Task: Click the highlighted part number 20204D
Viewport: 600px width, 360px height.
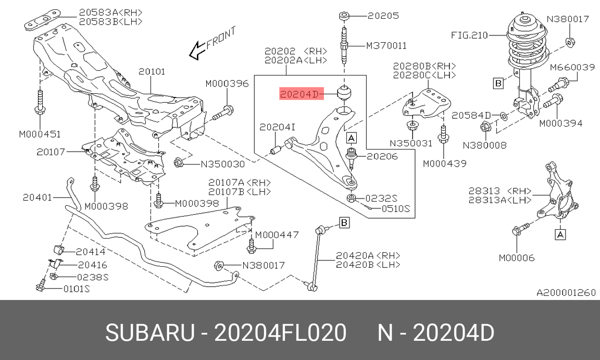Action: [x=299, y=94]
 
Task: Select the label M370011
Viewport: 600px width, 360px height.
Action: [x=386, y=46]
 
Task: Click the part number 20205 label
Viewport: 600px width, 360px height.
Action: [x=383, y=16]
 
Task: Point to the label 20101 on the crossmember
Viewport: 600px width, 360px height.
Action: [x=152, y=71]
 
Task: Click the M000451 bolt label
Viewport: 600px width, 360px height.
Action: [x=40, y=134]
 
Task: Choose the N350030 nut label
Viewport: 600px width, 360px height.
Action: [x=223, y=164]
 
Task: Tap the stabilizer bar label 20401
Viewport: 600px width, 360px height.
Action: [x=38, y=197]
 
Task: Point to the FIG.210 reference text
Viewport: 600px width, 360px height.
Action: [x=469, y=35]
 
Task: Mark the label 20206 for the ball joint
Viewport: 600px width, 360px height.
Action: [x=382, y=156]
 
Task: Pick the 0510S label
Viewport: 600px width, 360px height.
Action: [x=395, y=209]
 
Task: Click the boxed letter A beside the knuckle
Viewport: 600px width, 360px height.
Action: [x=560, y=235]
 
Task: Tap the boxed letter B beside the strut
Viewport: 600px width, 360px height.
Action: [x=498, y=83]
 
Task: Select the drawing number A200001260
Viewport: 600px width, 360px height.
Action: [x=566, y=292]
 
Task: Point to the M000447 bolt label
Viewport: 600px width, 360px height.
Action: [x=277, y=235]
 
